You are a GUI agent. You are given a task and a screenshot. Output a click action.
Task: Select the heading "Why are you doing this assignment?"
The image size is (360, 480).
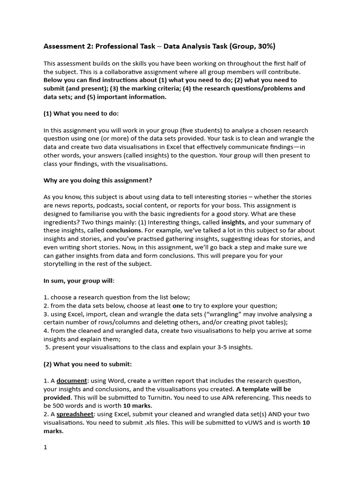98,180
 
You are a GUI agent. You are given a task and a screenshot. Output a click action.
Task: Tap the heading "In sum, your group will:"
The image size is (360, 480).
79,281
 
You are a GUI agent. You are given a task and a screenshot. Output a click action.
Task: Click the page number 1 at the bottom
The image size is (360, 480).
45,447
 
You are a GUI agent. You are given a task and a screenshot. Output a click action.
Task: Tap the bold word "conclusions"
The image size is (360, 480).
124,231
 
